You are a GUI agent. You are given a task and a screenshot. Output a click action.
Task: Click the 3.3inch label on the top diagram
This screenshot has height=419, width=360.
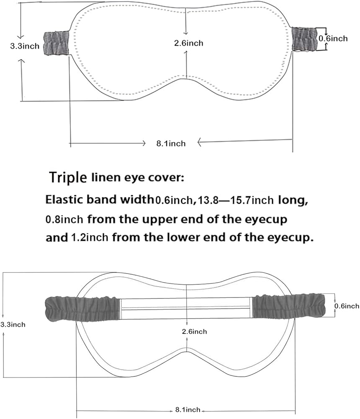(25, 46)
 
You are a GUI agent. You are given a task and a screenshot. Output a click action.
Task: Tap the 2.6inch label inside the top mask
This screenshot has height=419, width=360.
(189, 43)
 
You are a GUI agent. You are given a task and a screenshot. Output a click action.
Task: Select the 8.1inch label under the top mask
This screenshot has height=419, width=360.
(171, 143)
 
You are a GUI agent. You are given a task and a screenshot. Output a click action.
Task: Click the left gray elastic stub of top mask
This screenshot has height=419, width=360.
(57, 43)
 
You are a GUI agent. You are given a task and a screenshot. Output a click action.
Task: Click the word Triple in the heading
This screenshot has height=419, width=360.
(68, 178)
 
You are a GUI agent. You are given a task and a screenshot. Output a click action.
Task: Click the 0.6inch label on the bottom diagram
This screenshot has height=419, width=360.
(347, 306)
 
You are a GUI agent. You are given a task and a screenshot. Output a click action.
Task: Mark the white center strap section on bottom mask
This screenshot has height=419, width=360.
(186, 309)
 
